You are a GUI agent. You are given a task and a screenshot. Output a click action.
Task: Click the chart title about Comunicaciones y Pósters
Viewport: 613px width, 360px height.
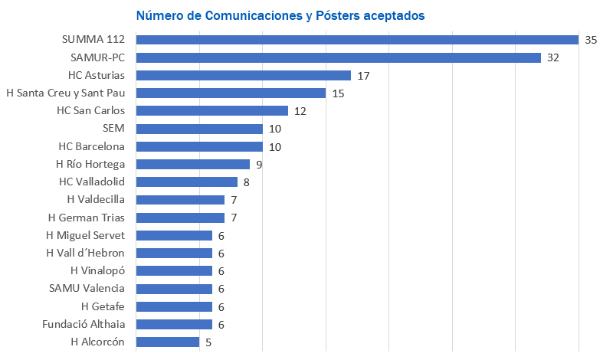281,15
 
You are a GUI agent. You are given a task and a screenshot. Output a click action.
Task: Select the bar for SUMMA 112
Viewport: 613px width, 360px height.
357,40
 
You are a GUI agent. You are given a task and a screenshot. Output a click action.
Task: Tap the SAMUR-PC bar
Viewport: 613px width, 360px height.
339,57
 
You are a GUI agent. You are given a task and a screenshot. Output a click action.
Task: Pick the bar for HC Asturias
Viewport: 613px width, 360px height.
244,75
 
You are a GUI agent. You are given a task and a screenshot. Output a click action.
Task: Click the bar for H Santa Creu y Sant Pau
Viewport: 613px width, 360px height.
231,93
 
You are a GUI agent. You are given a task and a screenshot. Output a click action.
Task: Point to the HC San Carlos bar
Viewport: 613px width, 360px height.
212,111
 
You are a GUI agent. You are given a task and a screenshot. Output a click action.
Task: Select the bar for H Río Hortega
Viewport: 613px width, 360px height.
193,164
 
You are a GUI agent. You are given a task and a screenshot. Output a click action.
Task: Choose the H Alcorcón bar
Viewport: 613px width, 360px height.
168,342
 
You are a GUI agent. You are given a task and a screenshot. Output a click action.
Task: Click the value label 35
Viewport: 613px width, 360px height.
591,40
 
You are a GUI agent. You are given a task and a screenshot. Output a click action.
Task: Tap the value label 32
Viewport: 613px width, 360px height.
553,57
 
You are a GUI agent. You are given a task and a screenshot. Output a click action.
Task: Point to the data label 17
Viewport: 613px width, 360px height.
363,75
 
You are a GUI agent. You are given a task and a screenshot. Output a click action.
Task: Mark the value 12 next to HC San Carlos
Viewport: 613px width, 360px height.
300,111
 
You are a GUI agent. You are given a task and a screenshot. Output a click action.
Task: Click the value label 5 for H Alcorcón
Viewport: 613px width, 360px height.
208,342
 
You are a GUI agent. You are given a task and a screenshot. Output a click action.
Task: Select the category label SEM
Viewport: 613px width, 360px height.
113,128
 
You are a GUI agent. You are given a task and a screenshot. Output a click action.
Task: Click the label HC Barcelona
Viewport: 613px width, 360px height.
92,146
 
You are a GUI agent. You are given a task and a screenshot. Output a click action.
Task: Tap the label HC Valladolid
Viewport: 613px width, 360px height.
92,182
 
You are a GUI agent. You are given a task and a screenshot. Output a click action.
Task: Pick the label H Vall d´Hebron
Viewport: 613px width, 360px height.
86,253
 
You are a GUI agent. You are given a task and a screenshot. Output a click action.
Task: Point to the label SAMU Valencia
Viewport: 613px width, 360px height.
87,288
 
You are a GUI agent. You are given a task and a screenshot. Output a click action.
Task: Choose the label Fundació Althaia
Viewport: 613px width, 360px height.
84,324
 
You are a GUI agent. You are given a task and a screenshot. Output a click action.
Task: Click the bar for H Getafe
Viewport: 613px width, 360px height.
174,306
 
